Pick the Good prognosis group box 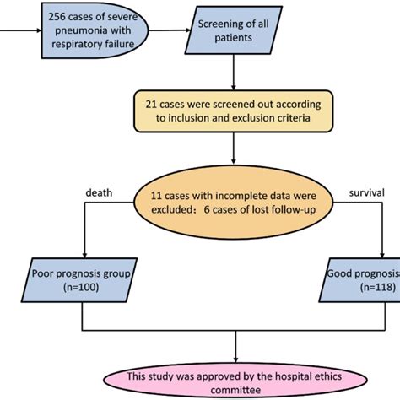tap(361, 281)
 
